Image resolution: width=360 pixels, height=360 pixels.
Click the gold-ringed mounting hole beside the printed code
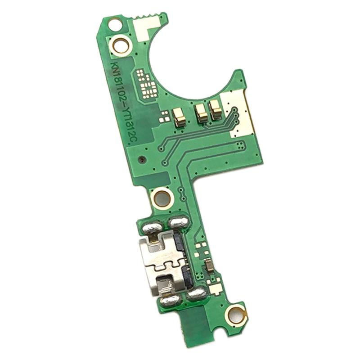[121, 45]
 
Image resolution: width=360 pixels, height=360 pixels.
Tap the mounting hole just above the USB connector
[161, 197]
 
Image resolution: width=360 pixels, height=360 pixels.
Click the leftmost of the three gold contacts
[179, 117]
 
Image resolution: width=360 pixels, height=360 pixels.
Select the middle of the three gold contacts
[201, 112]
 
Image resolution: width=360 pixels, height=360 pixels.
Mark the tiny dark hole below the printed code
[141, 160]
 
